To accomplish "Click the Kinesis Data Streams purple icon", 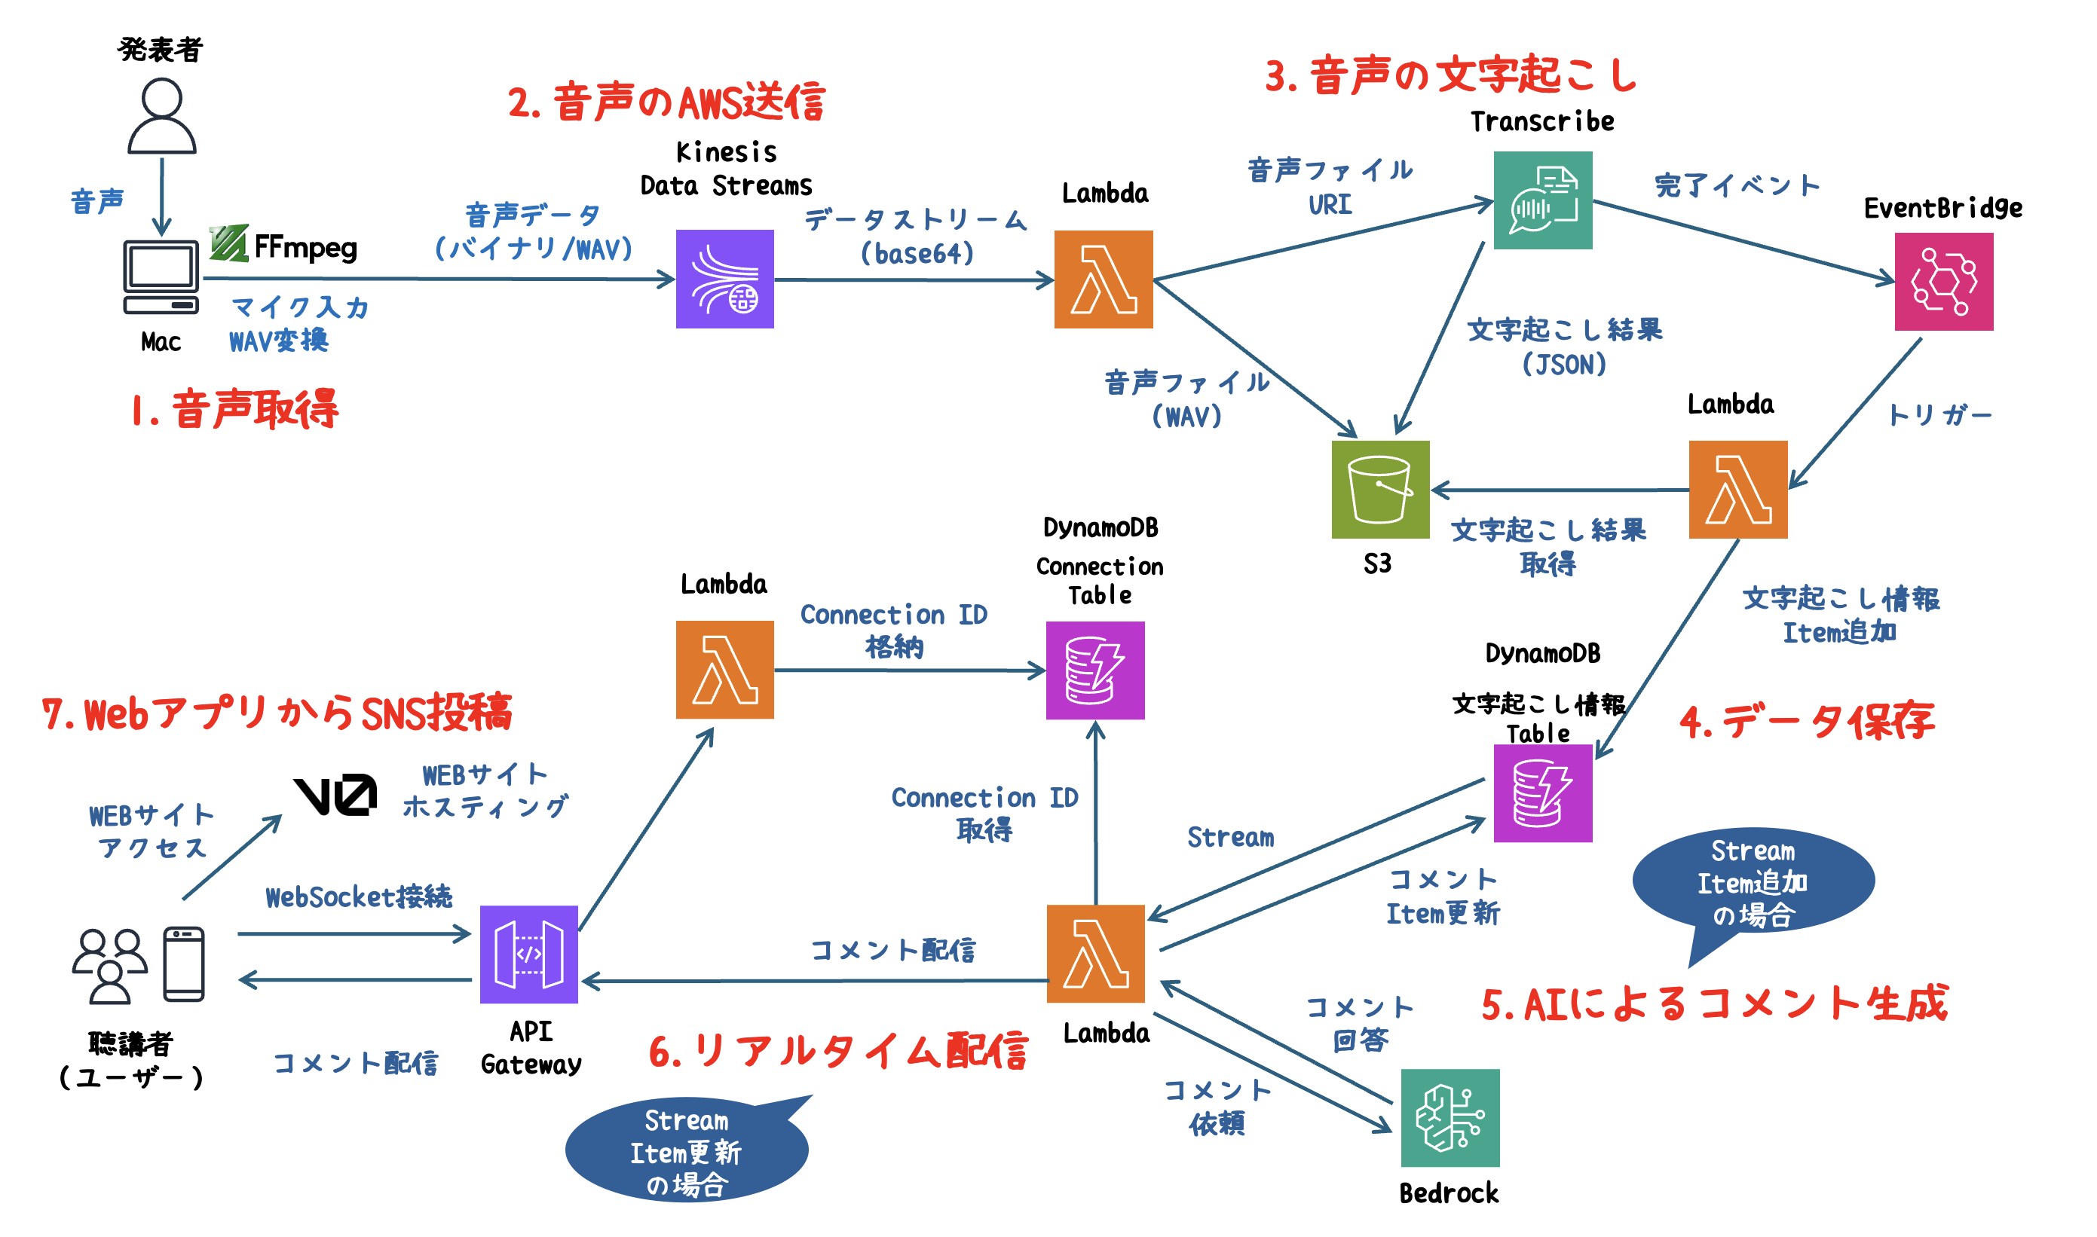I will click(724, 279).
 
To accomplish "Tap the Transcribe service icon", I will click(1541, 200).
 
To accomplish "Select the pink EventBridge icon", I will click(1942, 282).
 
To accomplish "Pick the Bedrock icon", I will click(1450, 1118).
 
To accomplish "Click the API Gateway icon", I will click(528, 954).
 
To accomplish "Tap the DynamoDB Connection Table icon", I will click(1094, 670).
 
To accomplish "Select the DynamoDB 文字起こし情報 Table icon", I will click(1541, 793).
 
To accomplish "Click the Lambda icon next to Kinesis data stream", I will click(1103, 279).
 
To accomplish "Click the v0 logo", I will click(335, 796).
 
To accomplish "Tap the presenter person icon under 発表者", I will click(162, 117).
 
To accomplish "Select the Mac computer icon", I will click(161, 276).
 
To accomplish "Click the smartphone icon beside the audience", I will click(183, 964).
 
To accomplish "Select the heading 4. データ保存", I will click(1806, 722).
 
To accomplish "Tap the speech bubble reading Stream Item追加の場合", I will click(1753, 883).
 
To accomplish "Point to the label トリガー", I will click(1939, 414).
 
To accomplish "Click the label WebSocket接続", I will click(359, 897).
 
